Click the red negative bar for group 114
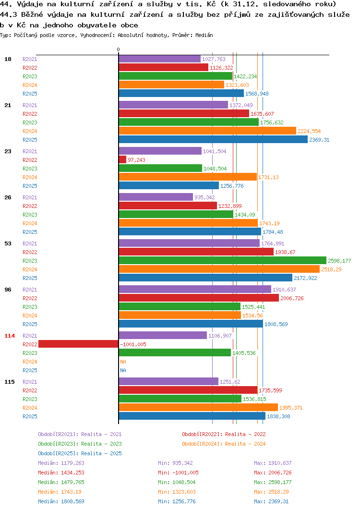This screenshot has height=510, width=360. tap(78, 344)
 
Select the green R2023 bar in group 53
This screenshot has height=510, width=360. tap(222, 261)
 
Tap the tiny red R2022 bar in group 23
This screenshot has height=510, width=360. tap(122, 160)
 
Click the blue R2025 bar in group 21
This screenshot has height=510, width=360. tap(213, 140)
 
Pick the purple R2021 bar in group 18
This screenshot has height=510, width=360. tap(160, 59)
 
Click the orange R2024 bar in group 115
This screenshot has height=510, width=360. tap(198, 408)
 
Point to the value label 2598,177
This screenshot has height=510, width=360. tap(339, 261)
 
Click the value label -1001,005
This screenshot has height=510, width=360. tap(133, 344)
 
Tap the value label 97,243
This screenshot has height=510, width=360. tap(137, 160)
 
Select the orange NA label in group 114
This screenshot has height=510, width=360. tap(123, 362)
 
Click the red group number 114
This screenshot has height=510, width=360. tap(10, 336)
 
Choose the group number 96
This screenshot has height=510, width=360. tap(8, 290)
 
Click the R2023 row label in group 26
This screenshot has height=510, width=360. tap(30, 215)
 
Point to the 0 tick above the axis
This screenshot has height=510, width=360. tap(119, 49)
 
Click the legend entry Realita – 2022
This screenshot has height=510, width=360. tap(224, 434)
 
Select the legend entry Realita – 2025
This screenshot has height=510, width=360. tap(80, 453)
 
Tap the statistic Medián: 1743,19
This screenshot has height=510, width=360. tap(60, 492)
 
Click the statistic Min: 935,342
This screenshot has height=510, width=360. tap(175, 463)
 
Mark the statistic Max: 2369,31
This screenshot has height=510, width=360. tap(271, 501)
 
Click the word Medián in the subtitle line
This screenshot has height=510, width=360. tap(204, 35)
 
